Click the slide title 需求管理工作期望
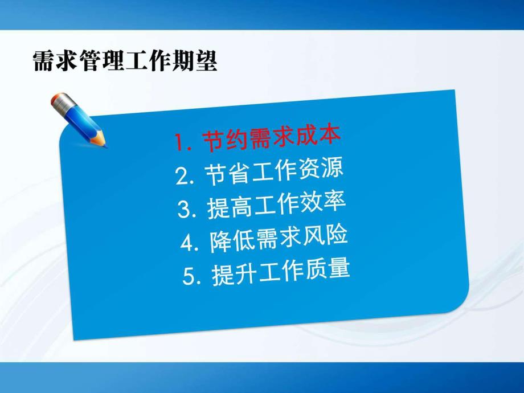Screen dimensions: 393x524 (125, 61)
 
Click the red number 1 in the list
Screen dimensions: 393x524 (181, 143)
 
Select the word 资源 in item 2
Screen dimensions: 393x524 (323, 169)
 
